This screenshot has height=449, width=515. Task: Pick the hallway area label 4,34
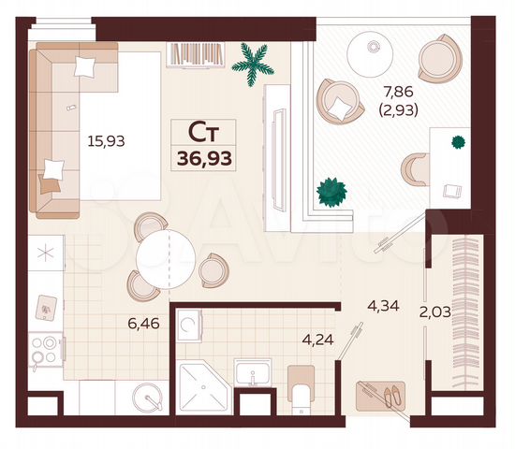[385, 305]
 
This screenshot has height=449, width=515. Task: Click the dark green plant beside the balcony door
[331, 192]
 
